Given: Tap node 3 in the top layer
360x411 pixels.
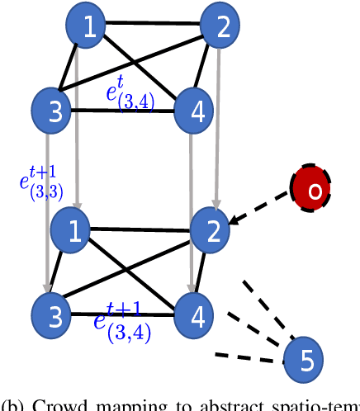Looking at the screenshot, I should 53,110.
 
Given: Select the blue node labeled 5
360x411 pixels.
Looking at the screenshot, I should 304,359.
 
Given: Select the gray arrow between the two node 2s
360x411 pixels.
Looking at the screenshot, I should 217,124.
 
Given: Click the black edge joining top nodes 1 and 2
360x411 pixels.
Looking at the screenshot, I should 155,22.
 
